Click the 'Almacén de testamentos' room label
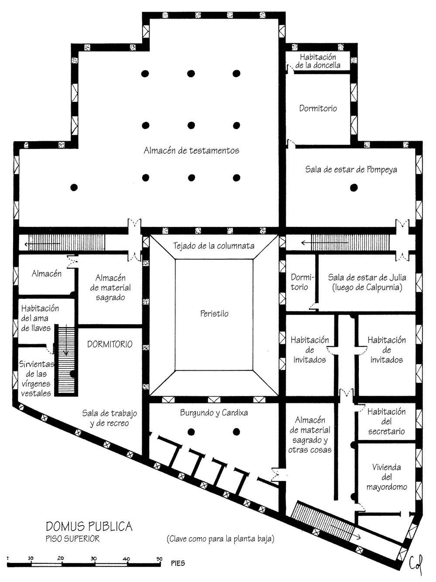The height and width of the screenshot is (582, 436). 191,151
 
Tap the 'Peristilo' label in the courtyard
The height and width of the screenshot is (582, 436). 214,314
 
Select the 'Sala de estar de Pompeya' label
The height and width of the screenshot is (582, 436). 351,170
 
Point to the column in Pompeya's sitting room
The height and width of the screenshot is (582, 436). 354,188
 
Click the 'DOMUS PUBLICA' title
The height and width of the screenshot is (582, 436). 89,527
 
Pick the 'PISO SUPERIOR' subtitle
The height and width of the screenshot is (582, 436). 72,539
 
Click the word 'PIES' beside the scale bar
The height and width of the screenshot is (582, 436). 178,563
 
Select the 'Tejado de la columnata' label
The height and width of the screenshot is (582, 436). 214,246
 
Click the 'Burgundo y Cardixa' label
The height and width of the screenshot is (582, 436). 214,413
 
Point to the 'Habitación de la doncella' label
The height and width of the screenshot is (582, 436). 318,61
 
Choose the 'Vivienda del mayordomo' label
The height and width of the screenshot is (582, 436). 387,477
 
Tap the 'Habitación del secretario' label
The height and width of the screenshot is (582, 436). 386,422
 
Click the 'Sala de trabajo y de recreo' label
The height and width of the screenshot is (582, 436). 109,418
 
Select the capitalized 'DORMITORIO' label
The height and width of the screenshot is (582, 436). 110,344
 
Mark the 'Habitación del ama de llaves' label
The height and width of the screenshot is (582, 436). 40,318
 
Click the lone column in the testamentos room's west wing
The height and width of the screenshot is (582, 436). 74,188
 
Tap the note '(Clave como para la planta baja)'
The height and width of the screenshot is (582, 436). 220,539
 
